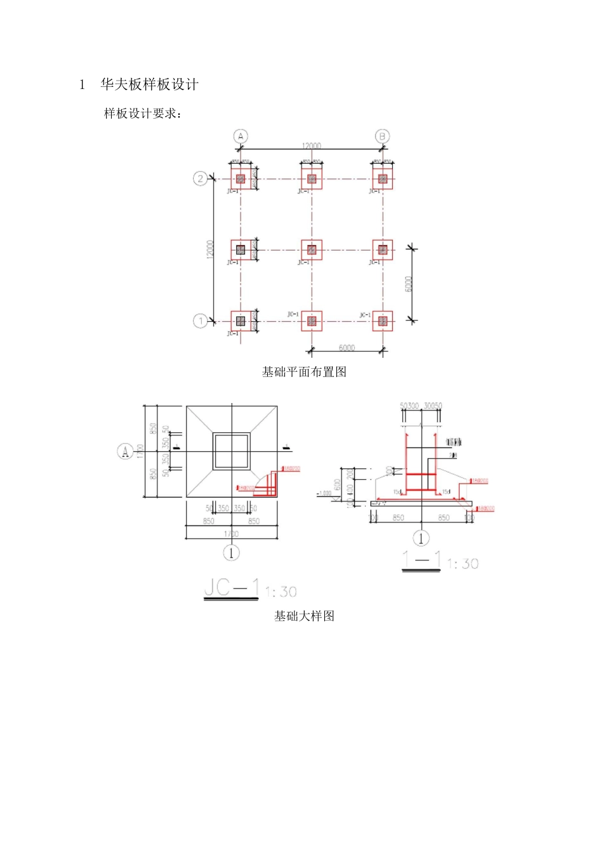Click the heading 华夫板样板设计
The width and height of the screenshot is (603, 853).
pyautogui.click(x=149, y=84)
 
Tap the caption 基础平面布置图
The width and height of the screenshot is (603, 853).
pyautogui.click(x=304, y=372)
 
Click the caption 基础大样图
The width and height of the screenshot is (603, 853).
pyautogui.click(x=304, y=616)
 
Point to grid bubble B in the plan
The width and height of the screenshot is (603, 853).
pyautogui.click(x=382, y=136)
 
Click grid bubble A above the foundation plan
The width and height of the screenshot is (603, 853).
pyautogui.click(x=240, y=136)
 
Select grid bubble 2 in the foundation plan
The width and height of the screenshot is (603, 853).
pyautogui.click(x=201, y=178)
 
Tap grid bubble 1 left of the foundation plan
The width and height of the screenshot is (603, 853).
pyautogui.click(x=201, y=321)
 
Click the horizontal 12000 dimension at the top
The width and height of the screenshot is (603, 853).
pyautogui.click(x=311, y=146)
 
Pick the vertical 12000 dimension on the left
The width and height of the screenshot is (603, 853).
pyautogui.click(x=211, y=249)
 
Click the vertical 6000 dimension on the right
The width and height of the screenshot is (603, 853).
pyautogui.click(x=409, y=284)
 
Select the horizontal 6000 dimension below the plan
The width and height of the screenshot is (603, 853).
pyautogui.click(x=347, y=348)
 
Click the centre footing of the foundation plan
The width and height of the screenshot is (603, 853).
pyautogui.click(x=311, y=249)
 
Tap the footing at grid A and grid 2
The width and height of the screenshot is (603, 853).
pyautogui.click(x=241, y=179)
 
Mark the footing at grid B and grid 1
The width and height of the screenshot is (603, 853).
pyautogui.click(x=382, y=321)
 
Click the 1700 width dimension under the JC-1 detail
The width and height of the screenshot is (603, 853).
pyautogui.click(x=232, y=534)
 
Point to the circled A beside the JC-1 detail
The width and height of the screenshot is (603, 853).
pyautogui.click(x=125, y=451)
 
